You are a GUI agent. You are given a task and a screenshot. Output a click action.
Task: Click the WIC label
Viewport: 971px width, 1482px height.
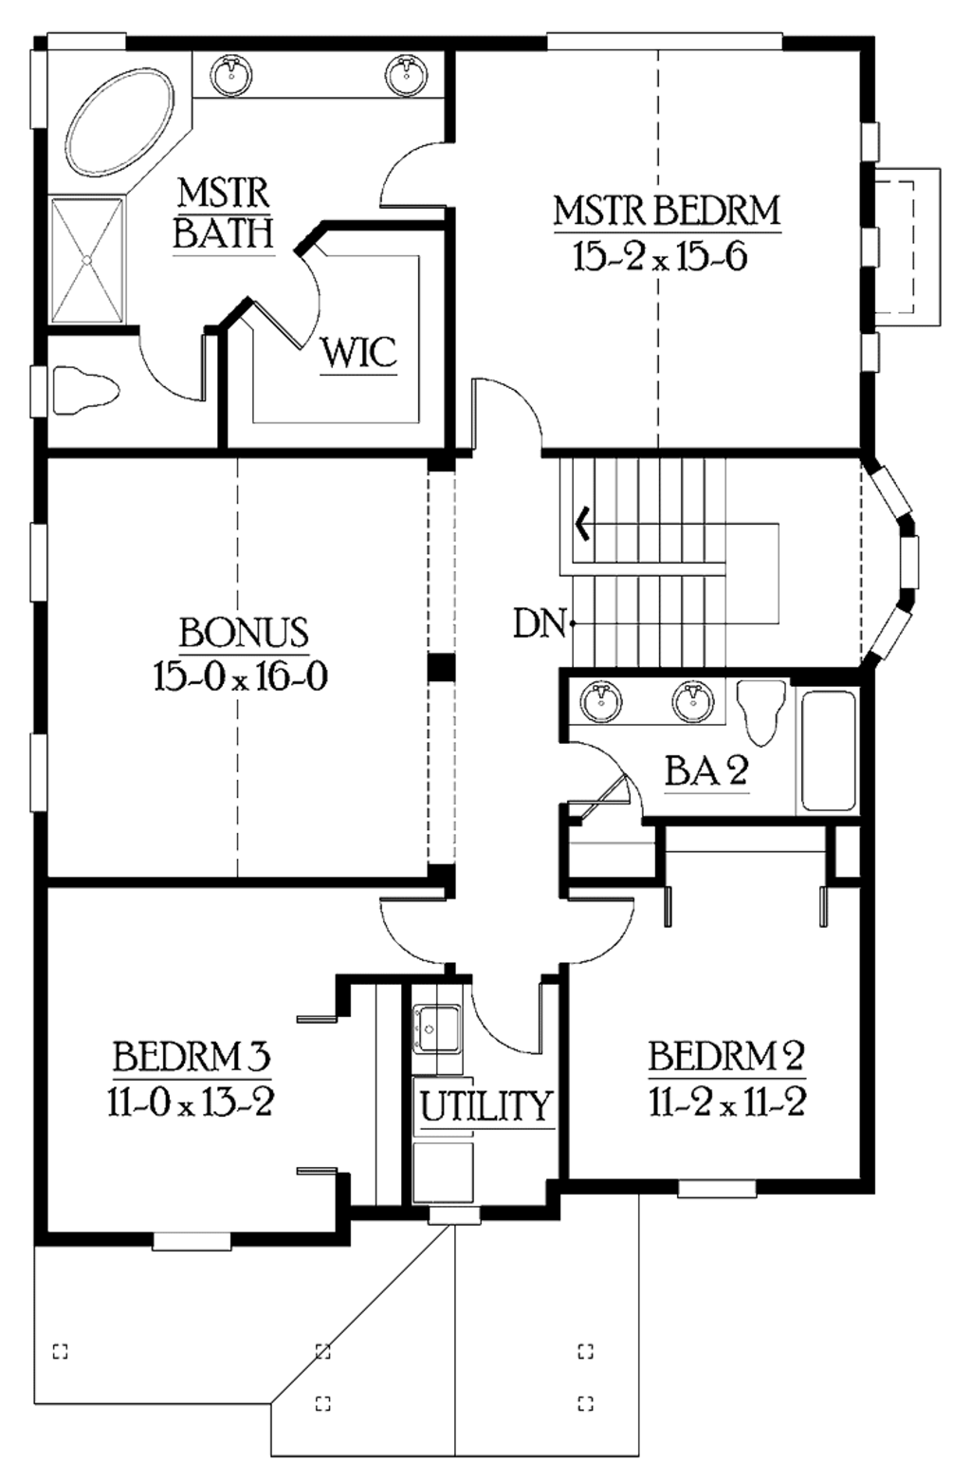pos(357,354)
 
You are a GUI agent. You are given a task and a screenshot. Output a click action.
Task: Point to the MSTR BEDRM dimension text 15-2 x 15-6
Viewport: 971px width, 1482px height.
pos(660,256)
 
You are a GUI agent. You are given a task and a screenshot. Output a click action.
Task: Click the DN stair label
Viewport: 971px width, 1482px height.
pos(539,623)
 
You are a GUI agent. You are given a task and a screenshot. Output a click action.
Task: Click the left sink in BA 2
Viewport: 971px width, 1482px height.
pos(600,703)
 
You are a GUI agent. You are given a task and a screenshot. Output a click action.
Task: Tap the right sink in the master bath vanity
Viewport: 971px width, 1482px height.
pos(407,74)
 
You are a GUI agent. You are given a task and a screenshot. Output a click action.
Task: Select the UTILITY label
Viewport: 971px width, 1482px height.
pos(485,1106)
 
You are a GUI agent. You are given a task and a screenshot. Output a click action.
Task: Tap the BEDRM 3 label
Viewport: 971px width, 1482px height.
pos(192,1056)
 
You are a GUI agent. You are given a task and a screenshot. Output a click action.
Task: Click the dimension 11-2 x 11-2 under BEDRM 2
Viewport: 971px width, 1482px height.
pos(726,1102)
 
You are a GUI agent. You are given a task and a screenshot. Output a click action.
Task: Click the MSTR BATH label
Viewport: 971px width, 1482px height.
pos(224,213)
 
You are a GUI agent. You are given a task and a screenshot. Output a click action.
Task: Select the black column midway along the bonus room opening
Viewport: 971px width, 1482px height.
pos(441,667)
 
